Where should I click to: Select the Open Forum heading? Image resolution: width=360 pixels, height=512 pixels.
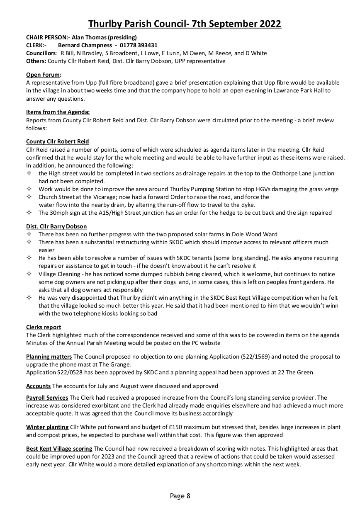point(44,75)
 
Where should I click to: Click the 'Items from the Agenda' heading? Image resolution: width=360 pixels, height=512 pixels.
point(58,112)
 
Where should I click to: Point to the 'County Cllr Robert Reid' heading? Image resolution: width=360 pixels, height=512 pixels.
point(57,141)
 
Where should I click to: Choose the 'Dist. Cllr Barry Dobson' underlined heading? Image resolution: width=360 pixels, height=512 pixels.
point(56,226)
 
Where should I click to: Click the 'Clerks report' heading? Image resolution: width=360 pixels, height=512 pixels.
point(44,327)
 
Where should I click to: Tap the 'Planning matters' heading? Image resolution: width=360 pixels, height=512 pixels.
point(49,357)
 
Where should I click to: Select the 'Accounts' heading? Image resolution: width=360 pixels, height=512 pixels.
point(39,386)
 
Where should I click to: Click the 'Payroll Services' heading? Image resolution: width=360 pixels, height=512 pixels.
point(47,398)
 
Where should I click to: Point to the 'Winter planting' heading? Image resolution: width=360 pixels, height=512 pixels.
point(47,427)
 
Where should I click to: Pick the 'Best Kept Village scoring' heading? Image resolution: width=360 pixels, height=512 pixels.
point(59,449)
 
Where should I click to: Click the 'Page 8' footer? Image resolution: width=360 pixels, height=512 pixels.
point(180,496)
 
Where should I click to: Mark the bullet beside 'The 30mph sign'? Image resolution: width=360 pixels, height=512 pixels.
point(29,213)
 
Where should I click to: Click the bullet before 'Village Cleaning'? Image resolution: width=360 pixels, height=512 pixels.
point(29,274)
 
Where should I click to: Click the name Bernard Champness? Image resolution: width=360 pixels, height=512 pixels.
point(85,45)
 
